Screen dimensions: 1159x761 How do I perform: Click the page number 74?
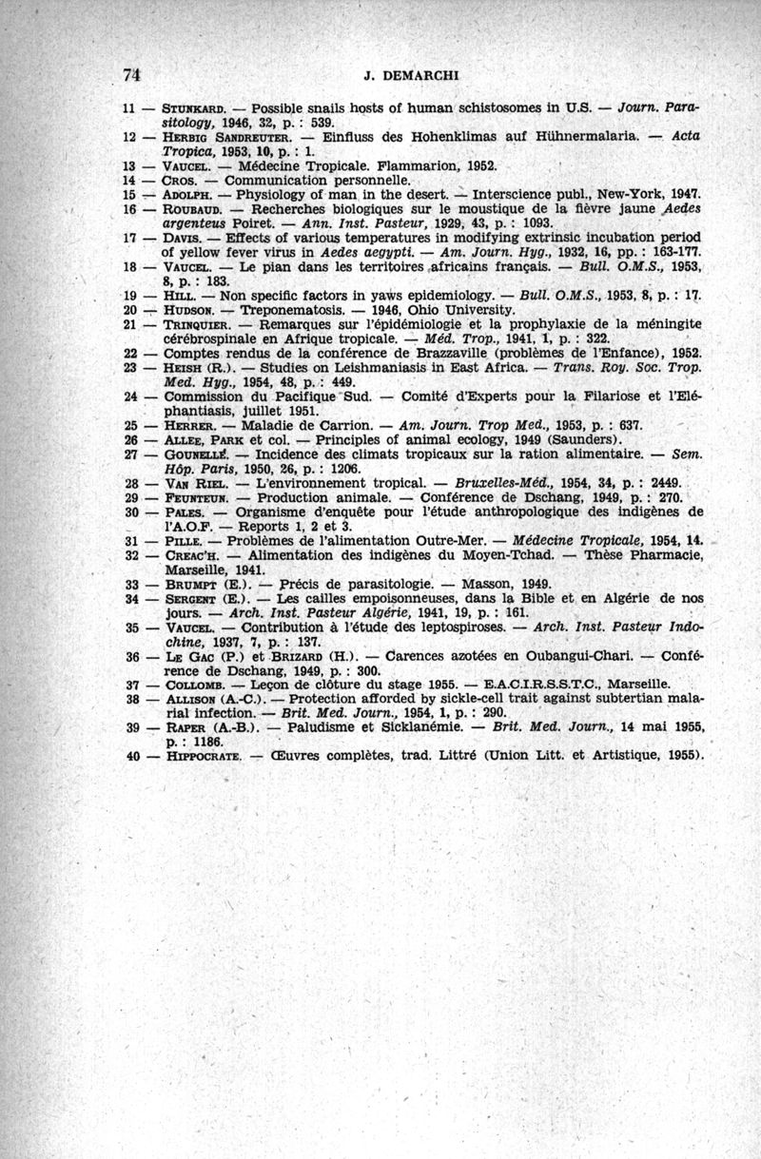[131, 75]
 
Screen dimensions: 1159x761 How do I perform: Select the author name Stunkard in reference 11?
[195, 108]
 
